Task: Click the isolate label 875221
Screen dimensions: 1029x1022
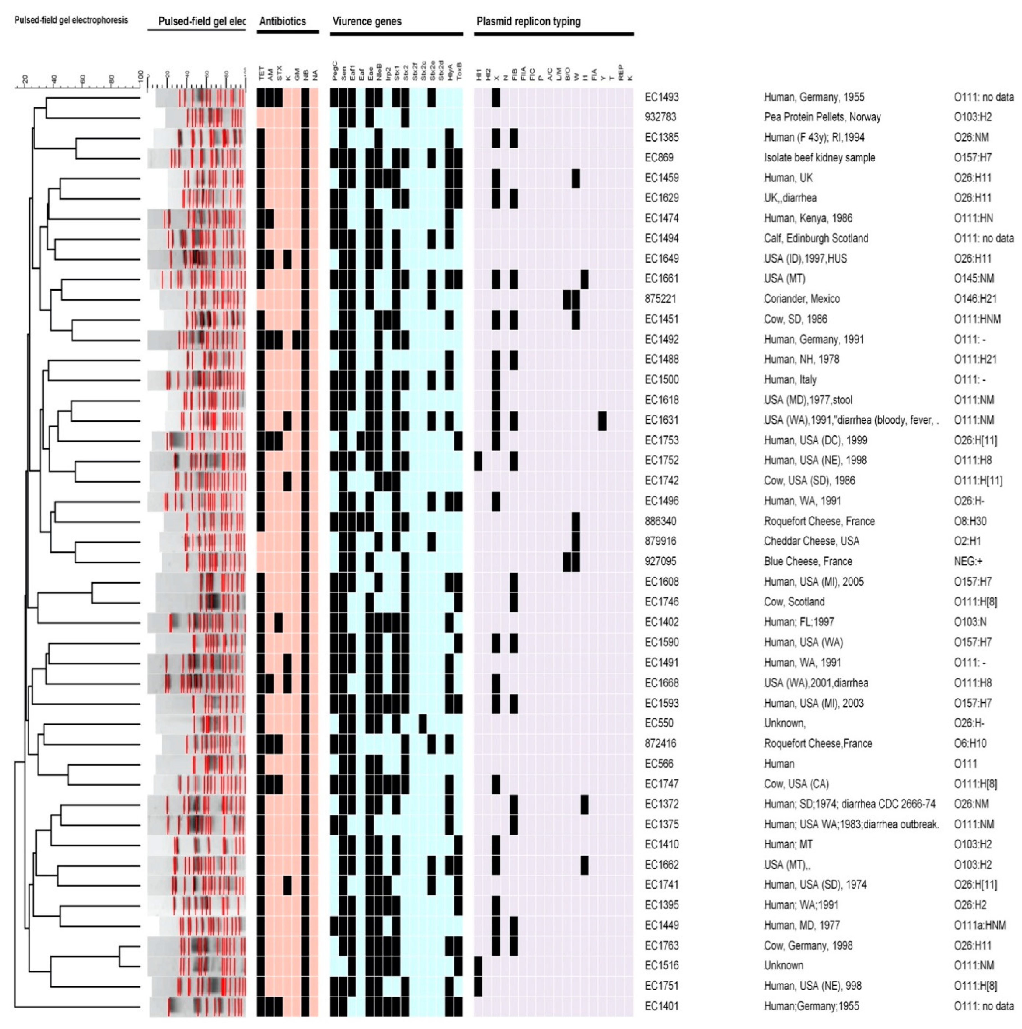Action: (660, 299)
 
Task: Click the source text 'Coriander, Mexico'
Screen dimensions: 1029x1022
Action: (801, 299)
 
